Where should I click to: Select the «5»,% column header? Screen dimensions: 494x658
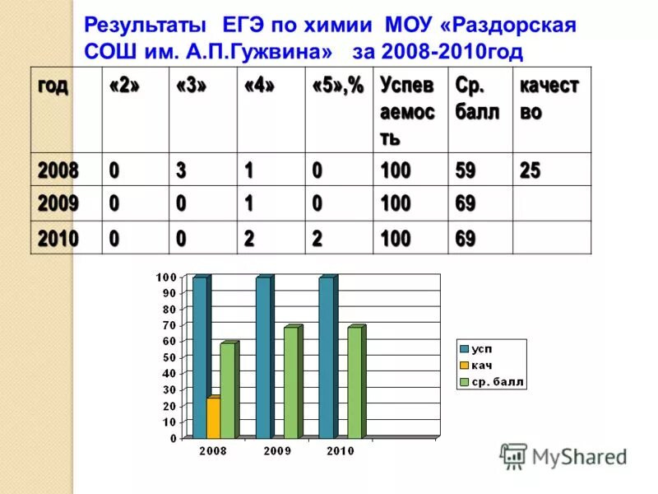point(337,86)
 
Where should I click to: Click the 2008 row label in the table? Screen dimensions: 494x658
point(58,170)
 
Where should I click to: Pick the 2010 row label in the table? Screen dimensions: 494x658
point(58,239)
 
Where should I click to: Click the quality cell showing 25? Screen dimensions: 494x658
point(531,170)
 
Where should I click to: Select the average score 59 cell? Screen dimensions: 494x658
point(466,170)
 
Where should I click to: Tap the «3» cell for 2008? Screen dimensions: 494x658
point(180,170)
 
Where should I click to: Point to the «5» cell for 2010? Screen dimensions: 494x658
point(317,239)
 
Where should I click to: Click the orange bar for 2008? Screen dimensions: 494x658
point(213,417)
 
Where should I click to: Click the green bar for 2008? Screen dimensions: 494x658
point(226,390)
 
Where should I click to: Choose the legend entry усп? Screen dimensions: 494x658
point(482,348)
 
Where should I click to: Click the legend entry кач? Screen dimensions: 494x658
point(482,366)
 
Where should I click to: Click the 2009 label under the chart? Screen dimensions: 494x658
point(276,450)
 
